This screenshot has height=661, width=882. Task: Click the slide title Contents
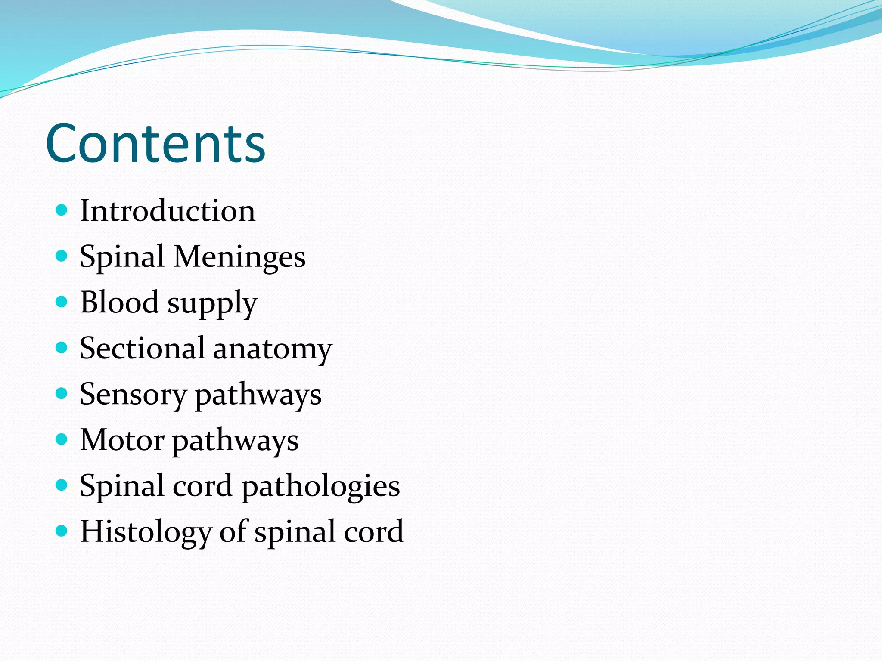(155, 143)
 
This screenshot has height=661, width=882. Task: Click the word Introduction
(168, 211)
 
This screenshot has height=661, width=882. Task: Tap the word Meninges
(239, 256)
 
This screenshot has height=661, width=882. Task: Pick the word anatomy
(273, 349)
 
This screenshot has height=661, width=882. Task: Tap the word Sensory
(133, 395)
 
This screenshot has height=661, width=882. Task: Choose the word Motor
(122, 440)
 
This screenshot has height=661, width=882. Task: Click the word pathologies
(321, 487)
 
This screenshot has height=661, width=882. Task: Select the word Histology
(146, 532)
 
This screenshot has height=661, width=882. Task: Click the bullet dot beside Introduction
(62, 210)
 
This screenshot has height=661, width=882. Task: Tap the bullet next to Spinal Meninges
(62, 256)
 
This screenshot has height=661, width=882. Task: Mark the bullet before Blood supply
(62, 302)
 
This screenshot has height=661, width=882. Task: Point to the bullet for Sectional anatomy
(62, 347)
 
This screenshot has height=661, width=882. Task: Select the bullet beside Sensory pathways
(62, 393)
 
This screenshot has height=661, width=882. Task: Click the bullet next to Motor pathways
(62, 439)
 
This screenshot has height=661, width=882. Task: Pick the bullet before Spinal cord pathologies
(62, 485)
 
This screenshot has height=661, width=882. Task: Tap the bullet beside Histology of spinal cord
(62, 531)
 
